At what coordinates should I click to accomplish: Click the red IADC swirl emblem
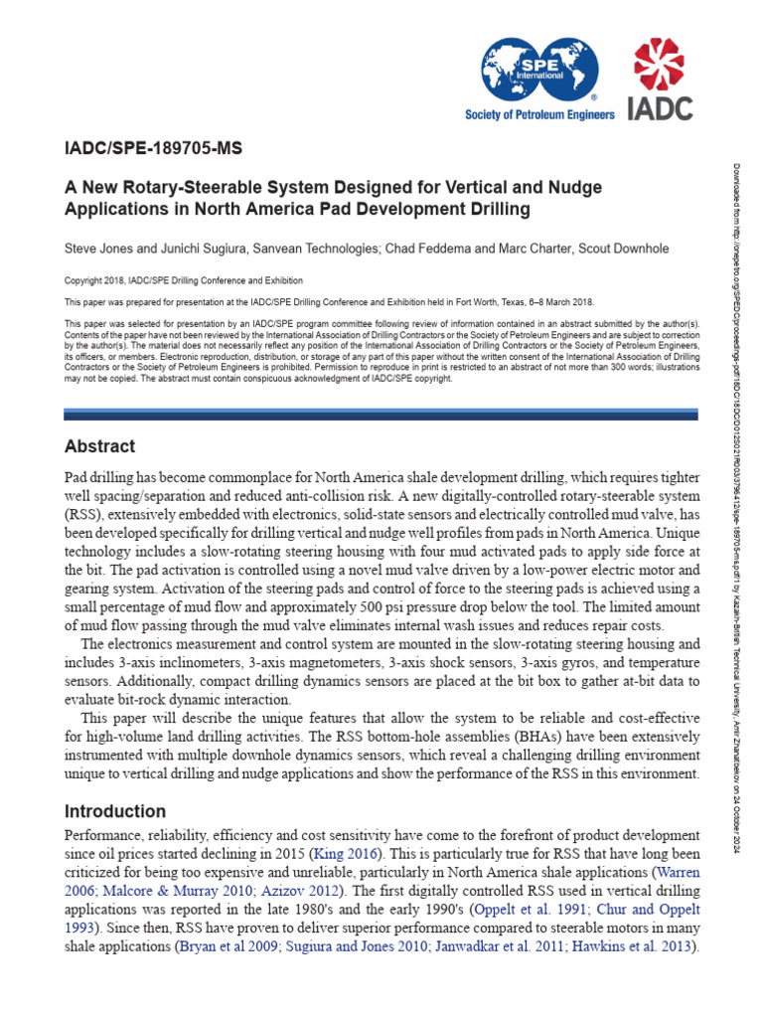(660, 67)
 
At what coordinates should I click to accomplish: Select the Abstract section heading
(99, 445)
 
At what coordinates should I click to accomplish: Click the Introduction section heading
(114, 811)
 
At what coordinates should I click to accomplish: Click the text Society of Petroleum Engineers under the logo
(539, 114)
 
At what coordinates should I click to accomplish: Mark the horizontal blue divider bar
(381, 414)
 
